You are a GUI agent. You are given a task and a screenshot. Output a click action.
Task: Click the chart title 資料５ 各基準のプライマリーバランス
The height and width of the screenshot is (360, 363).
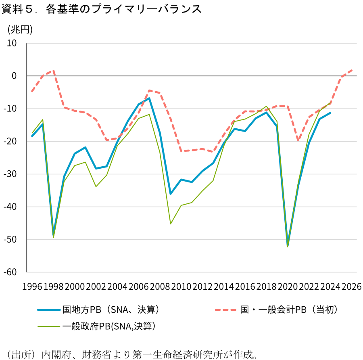[101, 9]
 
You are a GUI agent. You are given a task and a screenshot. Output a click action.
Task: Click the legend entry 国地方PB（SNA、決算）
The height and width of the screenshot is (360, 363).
[111, 310]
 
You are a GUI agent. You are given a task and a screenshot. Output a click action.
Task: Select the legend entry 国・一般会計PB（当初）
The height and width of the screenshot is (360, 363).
[289, 310]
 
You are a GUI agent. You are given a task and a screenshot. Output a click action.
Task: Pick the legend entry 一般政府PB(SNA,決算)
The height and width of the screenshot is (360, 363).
[109, 326]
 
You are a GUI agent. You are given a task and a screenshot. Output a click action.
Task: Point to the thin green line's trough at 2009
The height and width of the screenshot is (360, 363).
[171, 224]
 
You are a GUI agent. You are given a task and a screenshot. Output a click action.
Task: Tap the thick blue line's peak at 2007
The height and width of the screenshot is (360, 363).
[149, 98]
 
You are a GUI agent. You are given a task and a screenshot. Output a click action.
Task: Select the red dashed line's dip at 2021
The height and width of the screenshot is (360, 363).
[298, 140]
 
